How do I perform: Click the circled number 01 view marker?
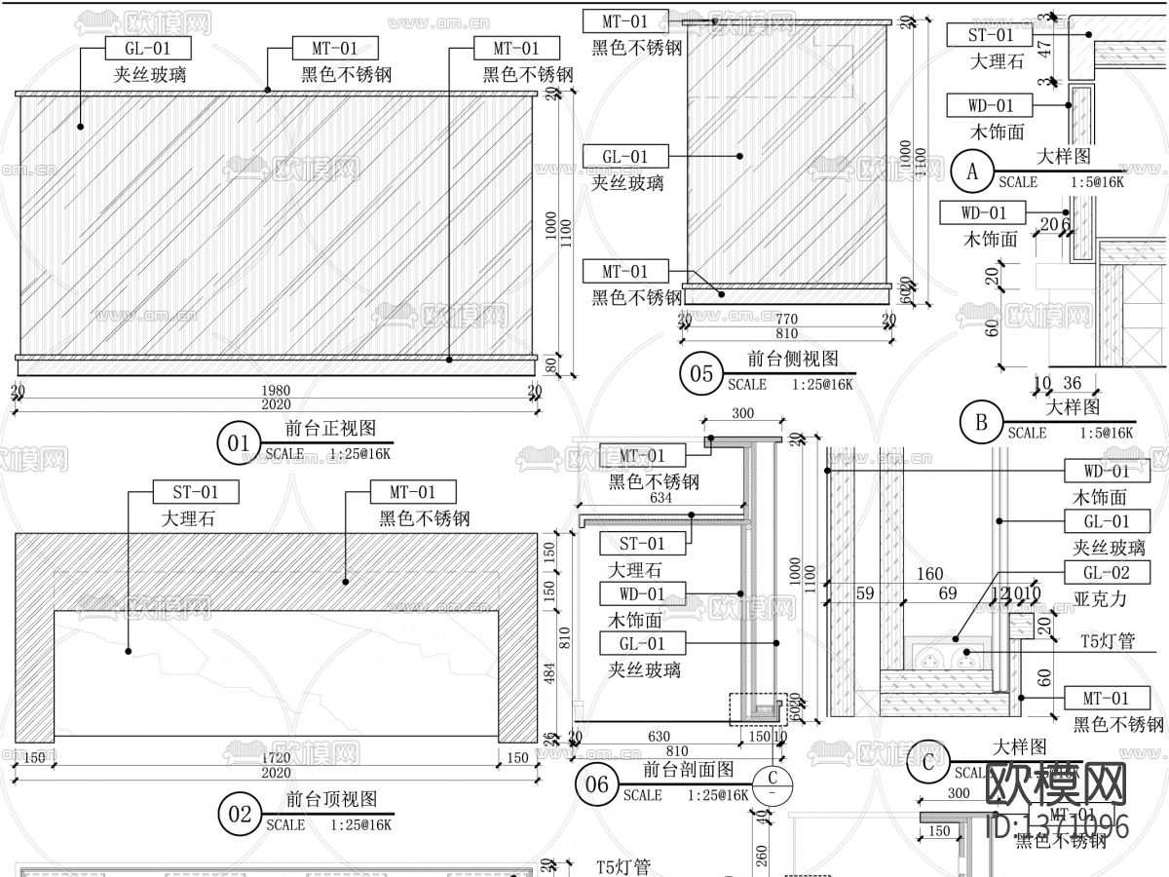(x=239, y=444)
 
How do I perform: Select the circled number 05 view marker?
(x=701, y=375)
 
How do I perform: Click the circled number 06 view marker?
(x=597, y=785)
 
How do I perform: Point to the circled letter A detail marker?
(x=971, y=172)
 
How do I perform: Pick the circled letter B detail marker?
(x=981, y=423)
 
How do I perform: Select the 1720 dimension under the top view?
(x=276, y=758)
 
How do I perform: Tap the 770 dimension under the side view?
(x=786, y=319)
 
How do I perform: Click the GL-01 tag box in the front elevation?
(x=148, y=49)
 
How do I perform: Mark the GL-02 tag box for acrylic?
(x=1107, y=573)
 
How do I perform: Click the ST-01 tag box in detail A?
(x=991, y=35)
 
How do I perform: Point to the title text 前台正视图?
(x=330, y=429)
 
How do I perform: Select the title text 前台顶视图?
(x=330, y=800)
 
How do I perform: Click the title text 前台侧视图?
(x=793, y=359)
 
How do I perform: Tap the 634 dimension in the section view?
(x=660, y=499)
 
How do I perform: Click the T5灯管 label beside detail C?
(x=1109, y=641)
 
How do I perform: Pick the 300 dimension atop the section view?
(x=742, y=413)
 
